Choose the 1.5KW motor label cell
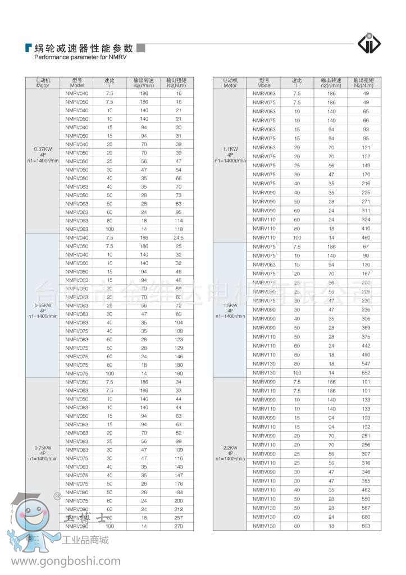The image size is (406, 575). click(x=230, y=309)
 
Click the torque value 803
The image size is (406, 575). click(x=366, y=526)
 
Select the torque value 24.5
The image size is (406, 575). click(x=179, y=238)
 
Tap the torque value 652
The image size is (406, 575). click(x=366, y=372)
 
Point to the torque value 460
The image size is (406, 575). click(x=366, y=238)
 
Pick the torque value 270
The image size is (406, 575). click(x=179, y=526)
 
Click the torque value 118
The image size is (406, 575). click(x=179, y=229)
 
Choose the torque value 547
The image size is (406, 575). click(x=366, y=364)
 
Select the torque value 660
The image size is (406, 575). click(x=366, y=517)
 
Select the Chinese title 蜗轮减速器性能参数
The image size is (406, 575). click(x=84, y=48)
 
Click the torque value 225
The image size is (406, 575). click(x=366, y=193)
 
